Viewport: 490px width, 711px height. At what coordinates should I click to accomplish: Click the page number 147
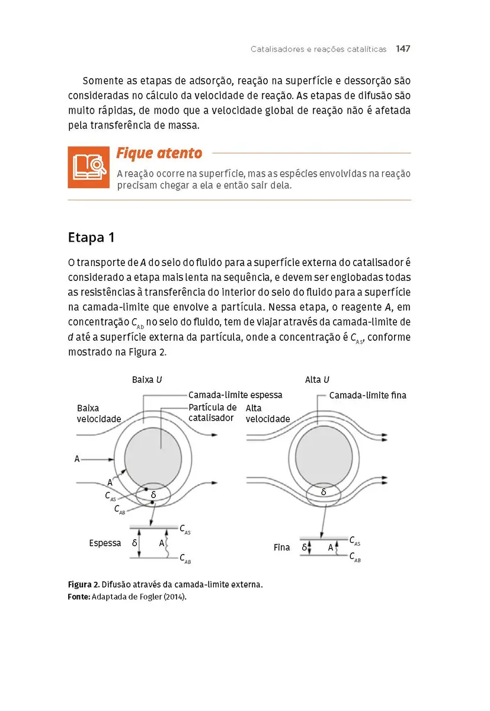pos(403,49)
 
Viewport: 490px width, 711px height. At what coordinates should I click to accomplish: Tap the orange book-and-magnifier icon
pos(88,167)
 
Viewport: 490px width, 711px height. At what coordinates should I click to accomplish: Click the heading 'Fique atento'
pos(159,153)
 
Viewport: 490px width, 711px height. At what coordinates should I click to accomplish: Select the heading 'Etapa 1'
pos(91,238)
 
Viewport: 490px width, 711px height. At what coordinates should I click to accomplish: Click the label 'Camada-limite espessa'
pos(235,395)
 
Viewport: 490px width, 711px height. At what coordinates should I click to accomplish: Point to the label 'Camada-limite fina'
pos(367,395)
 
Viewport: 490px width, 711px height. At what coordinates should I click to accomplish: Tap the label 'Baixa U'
pos(147,380)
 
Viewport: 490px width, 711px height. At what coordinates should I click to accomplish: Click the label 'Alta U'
pos(317,380)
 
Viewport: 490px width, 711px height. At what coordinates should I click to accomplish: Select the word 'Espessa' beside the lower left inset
pos(105,543)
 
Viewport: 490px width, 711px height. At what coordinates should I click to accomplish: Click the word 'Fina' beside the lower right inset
pos(281,547)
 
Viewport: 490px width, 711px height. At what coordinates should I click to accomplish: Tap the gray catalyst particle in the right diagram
pos(323,458)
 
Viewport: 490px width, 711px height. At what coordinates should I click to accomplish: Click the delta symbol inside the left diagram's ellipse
pos(153,494)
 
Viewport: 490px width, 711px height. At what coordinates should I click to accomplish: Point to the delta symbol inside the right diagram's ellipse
pos(323,492)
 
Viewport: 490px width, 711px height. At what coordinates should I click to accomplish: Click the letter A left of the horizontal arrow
pos(77,459)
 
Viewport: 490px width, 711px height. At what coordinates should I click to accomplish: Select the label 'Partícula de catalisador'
pos(212,412)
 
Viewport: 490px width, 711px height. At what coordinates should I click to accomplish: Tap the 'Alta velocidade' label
pos(267,414)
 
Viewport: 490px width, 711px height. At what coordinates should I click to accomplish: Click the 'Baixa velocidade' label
pos(98,414)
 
